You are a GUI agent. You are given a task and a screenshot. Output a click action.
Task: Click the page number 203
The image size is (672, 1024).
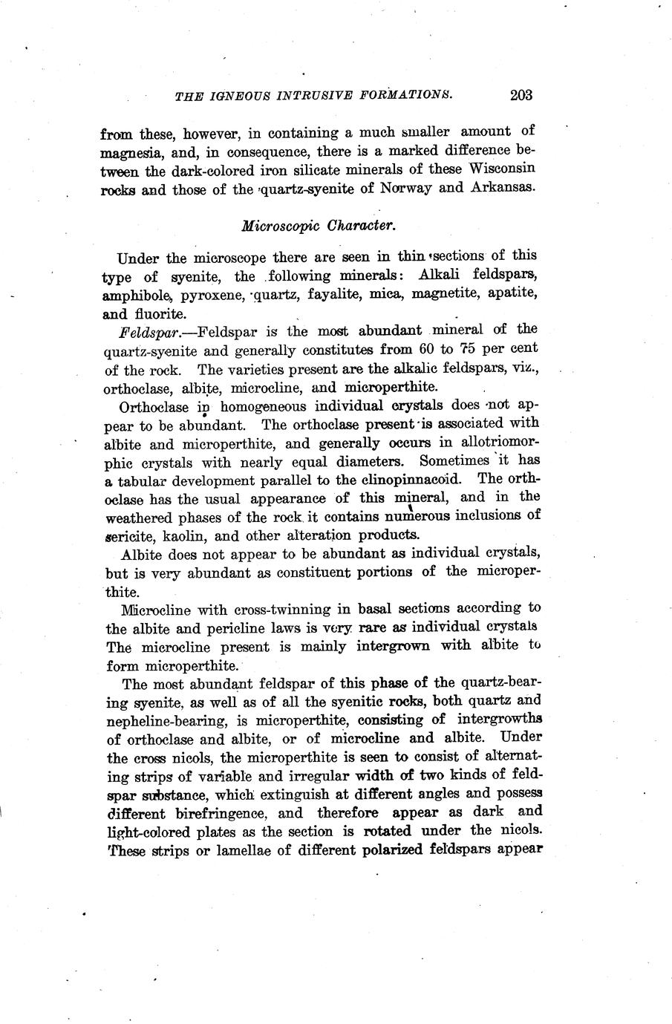[x=521, y=95]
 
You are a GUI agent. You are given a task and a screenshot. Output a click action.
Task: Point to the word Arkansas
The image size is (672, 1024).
[x=503, y=187]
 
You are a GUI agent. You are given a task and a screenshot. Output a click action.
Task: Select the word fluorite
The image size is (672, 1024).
[x=161, y=313]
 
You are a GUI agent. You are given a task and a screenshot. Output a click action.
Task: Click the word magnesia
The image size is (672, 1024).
[x=128, y=151]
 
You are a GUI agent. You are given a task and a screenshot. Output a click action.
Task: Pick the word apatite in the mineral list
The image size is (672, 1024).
[x=511, y=294]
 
